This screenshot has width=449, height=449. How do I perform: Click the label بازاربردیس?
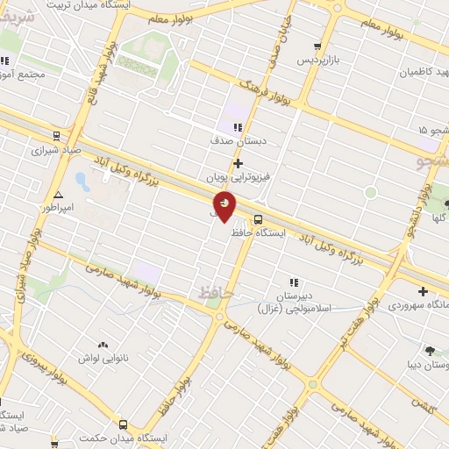pyautogui.click(x=316, y=61)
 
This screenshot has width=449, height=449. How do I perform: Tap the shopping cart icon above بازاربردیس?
pyautogui.click(x=317, y=46)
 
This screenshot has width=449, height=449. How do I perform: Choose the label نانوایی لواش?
pyautogui.click(x=103, y=359)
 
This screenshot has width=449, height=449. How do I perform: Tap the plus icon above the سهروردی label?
pyautogui.click(x=424, y=292)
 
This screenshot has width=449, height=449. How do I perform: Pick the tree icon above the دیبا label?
pyautogui.click(x=430, y=351)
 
